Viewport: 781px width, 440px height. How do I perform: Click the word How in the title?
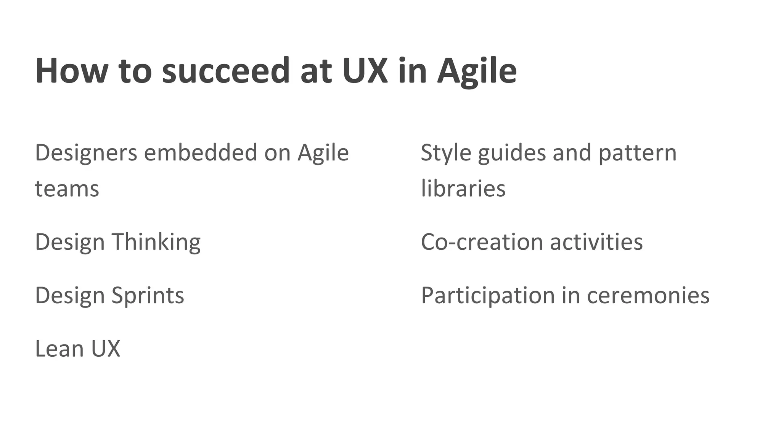(71, 71)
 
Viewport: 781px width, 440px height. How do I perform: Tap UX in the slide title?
(365, 71)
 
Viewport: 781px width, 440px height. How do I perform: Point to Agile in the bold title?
(477, 71)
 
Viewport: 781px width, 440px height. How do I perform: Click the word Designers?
(86, 153)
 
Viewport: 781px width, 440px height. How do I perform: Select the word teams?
(67, 189)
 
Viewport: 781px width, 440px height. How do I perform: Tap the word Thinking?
(156, 242)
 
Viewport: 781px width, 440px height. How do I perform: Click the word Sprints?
(148, 296)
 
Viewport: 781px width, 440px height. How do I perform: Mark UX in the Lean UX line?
(106, 349)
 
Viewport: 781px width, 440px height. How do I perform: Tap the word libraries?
(463, 189)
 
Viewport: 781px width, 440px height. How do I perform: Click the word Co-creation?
(482, 242)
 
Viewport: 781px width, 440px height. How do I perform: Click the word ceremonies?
(648, 296)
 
